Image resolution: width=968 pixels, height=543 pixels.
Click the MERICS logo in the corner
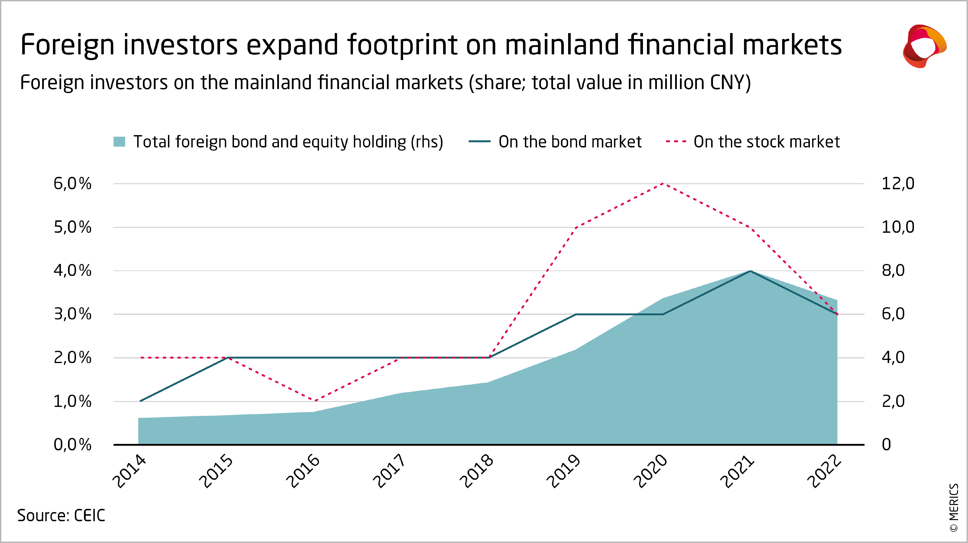point(924,46)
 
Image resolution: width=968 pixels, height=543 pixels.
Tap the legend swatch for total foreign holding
point(119,142)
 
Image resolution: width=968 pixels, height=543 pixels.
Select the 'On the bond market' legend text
point(570,142)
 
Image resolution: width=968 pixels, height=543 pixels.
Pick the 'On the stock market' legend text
point(766,142)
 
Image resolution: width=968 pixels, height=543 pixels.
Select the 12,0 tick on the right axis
point(898,184)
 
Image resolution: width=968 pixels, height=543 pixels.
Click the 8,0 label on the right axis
point(893,271)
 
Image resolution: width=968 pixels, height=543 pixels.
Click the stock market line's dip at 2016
point(315,401)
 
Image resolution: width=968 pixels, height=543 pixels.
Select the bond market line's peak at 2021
point(750,271)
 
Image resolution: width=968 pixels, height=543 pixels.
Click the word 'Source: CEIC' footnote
point(61,516)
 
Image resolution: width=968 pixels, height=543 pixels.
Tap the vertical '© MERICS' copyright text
point(954,508)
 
